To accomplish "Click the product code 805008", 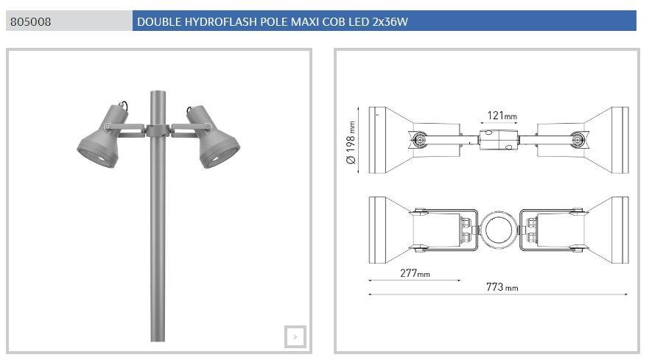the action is pyautogui.click(x=31, y=21).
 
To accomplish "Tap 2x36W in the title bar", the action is pyautogui.click(x=390, y=21).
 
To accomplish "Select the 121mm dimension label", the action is pyautogui.click(x=502, y=116).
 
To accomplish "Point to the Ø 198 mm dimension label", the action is pyautogui.click(x=351, y=142).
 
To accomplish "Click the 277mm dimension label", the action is pyautogui.click(x=415, y=273).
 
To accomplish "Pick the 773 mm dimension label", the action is pyautogui.click(x=502, y=287).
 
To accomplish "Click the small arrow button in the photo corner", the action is pyautogui.click(x=295, y=337).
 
